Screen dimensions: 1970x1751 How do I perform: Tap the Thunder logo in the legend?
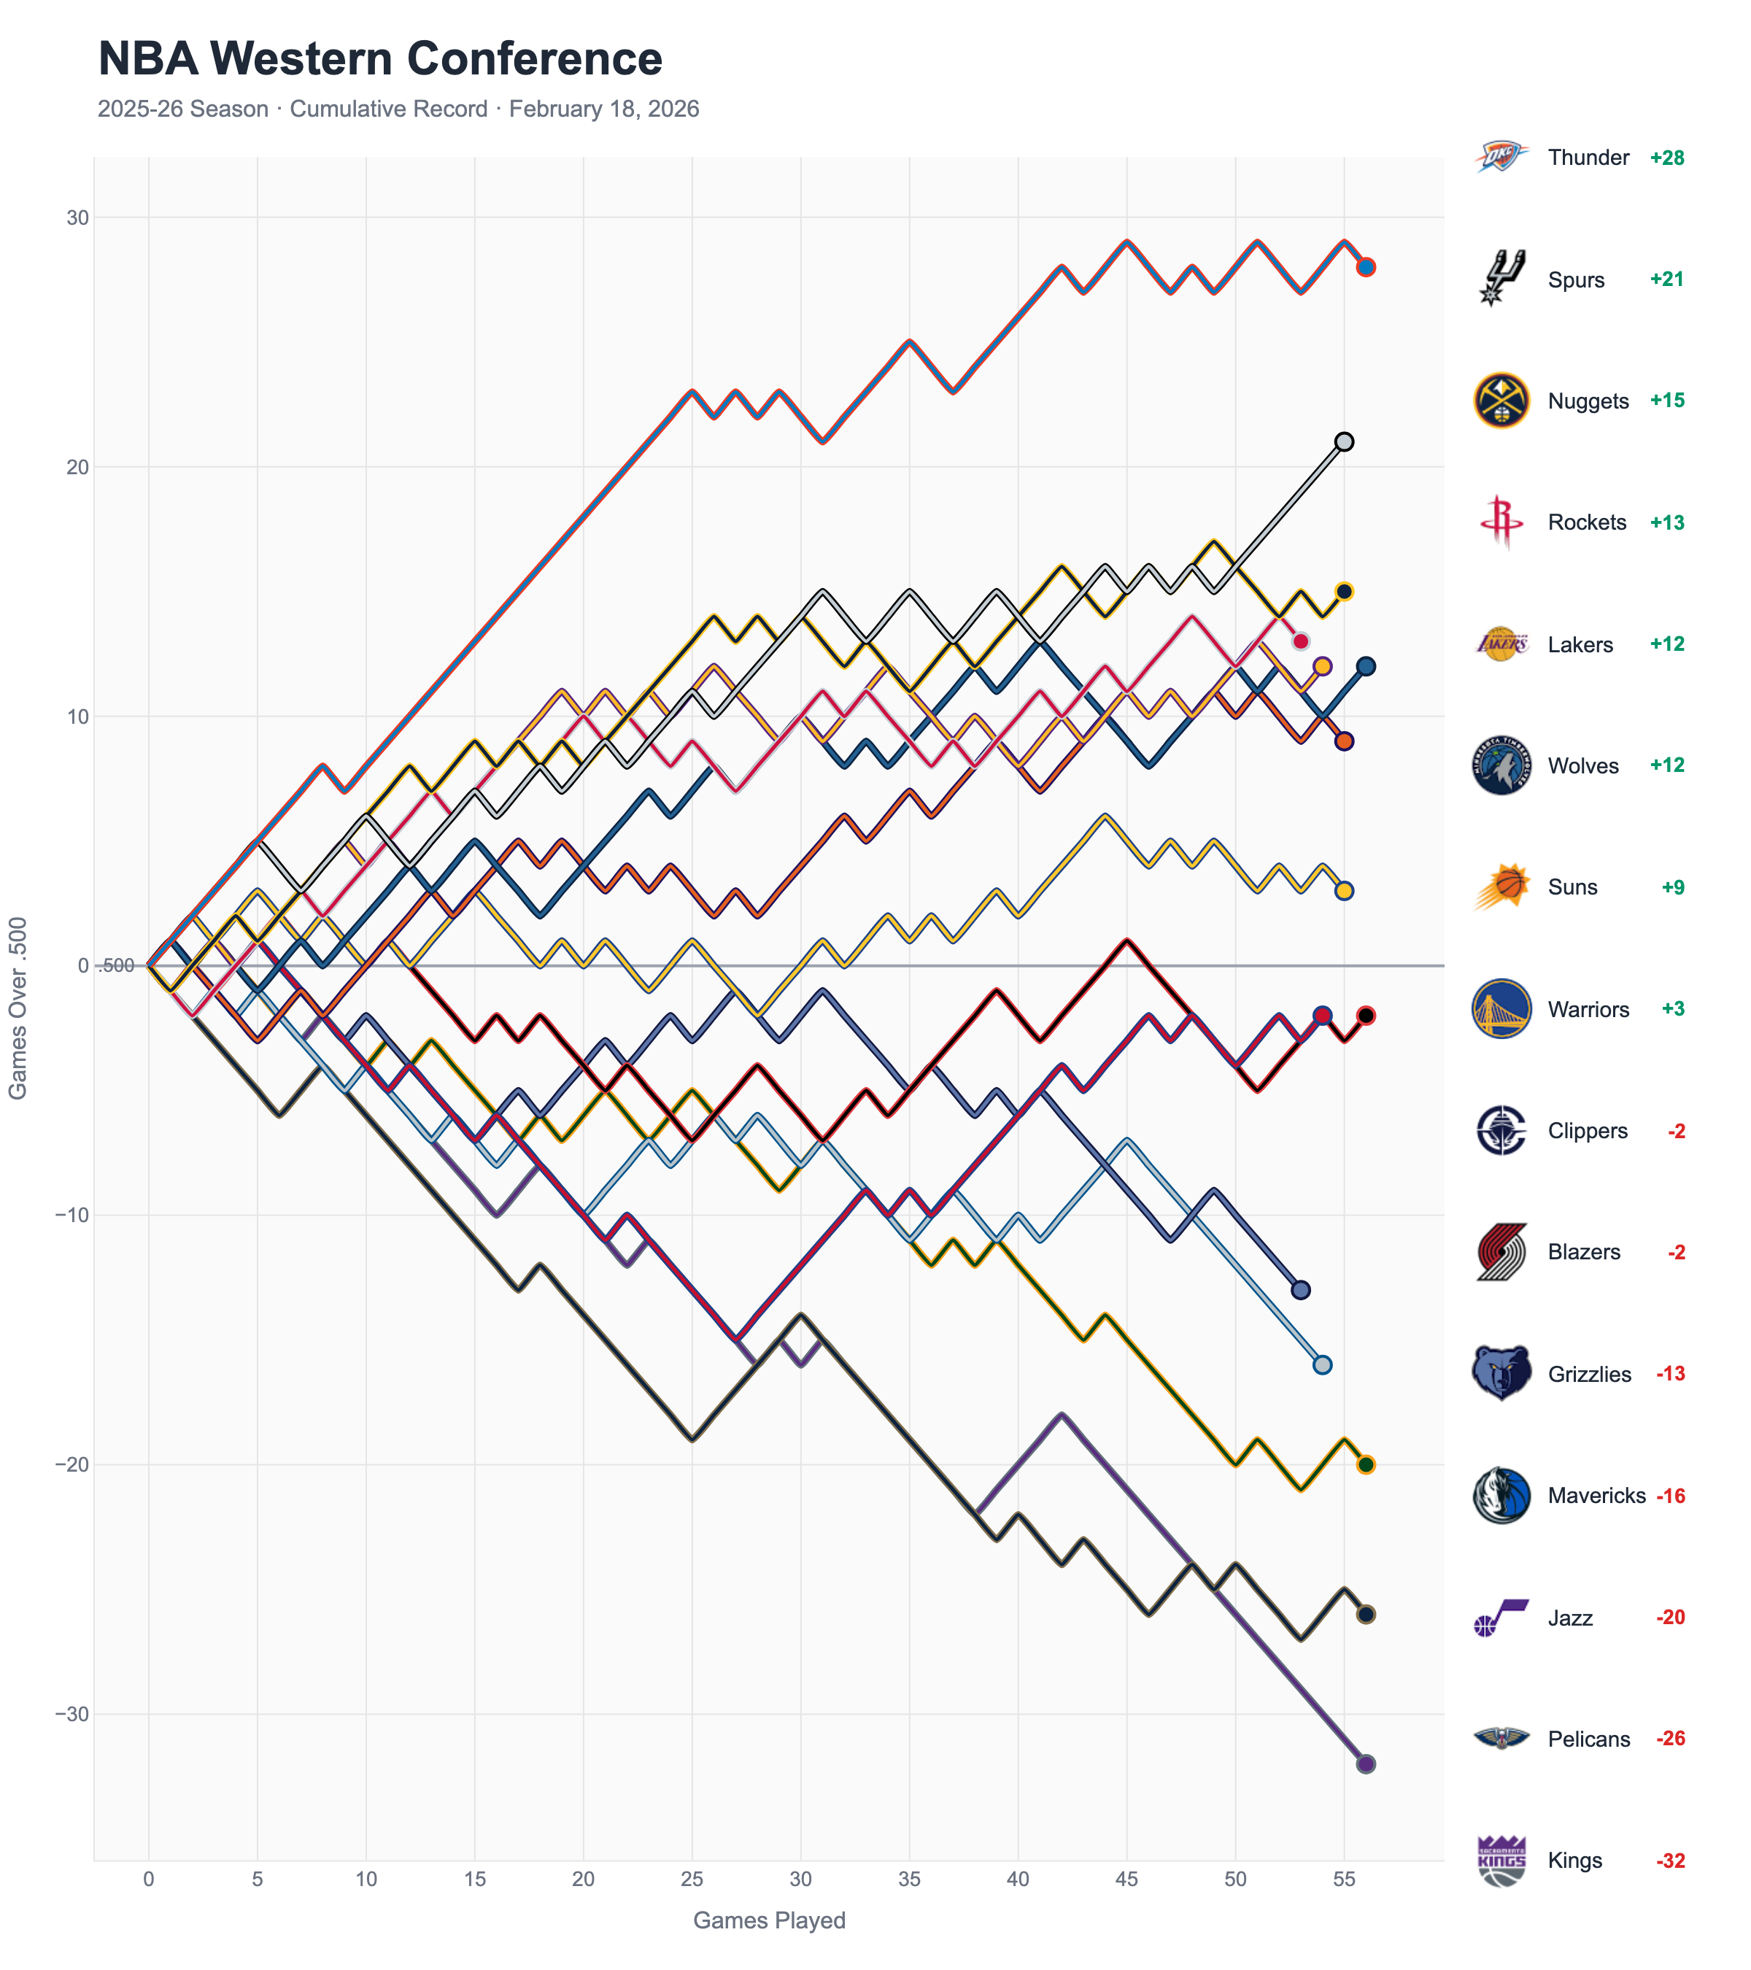click(1501, 157)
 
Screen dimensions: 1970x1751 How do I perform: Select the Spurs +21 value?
click(1666, 279)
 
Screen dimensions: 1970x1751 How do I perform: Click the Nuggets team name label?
click(1587, 401)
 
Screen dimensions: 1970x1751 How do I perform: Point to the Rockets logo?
click(1501, 522)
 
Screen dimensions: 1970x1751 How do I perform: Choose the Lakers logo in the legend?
click(1501, 644)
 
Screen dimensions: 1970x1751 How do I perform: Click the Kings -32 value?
click(1670, 1860)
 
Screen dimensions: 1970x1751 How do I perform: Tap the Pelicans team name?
click(1588, 1739)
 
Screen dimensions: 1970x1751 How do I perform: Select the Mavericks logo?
click(1501, 1496)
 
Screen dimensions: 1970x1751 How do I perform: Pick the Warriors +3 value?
click(1672, 1009)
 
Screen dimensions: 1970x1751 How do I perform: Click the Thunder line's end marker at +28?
click(1366, 267)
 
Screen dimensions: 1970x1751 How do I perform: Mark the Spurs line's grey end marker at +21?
click(1343, 441)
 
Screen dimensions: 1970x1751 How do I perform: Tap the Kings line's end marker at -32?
click(1366, 1764)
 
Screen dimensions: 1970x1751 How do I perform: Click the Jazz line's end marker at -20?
click(1366, 1465)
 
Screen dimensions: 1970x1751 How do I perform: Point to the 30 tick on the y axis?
click(77, 218)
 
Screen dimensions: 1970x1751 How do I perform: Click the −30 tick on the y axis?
click(71, 1714)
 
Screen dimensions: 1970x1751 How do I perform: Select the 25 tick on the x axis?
click(691, 1879)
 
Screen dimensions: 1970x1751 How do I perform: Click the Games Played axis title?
click(769, 1920)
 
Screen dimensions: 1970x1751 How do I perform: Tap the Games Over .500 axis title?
click(18, 1007)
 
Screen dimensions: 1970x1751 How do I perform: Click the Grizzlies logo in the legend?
click(1501, 1373)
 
